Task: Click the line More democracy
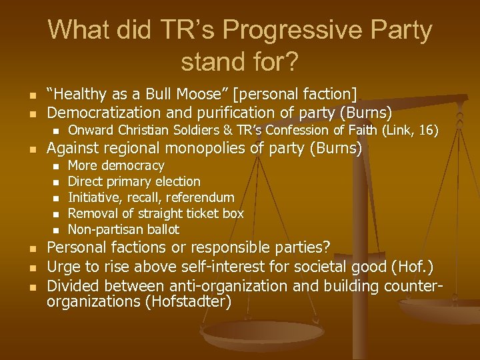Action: (x=116, y=165)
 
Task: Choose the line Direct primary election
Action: (x=134, y=181)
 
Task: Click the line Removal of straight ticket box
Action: (x=156, y=213)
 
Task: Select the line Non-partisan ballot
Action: (x=123, y=229)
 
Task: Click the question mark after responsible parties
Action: (x=326, y=247)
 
